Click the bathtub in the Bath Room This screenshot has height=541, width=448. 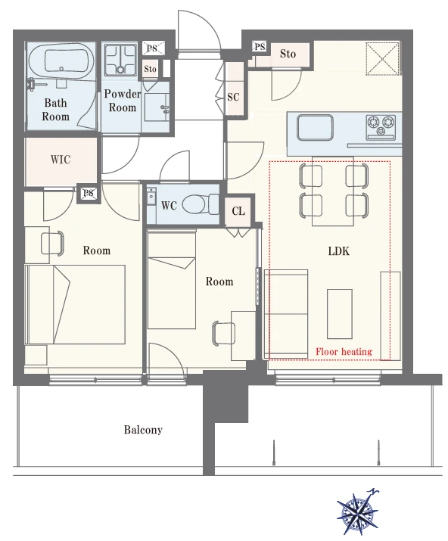61,61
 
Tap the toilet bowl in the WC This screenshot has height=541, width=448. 196,204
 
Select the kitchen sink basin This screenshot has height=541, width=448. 315,127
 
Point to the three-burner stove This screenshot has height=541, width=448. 381,127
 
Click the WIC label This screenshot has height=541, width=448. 61,160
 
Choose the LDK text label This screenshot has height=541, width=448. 338,251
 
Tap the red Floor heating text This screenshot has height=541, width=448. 344,352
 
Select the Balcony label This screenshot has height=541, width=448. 143,430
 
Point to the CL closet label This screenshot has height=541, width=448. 238,211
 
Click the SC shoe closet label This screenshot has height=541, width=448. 233,97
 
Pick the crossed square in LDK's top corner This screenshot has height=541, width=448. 382,58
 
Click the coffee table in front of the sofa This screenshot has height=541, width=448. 340,314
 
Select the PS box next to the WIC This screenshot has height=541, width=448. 89,193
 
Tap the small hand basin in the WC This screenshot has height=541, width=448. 151,197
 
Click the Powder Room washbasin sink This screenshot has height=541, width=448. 157,107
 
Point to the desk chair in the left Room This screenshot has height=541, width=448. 53,244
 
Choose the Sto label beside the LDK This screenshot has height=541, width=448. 288,54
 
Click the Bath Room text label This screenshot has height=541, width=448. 55,110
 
